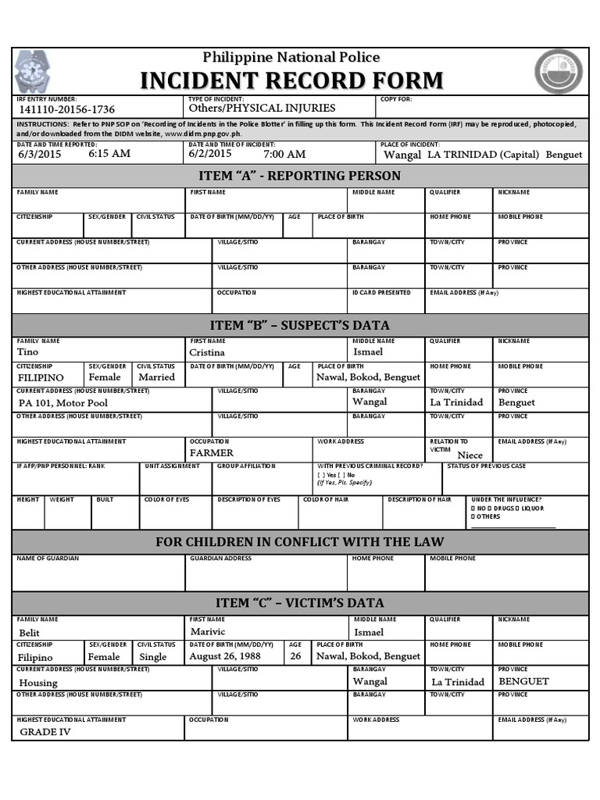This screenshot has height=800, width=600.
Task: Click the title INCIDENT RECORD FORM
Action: click(291, 80)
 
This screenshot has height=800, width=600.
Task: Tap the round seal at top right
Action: click(558, 72)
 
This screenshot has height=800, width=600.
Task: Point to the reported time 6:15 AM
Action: click(109, 154)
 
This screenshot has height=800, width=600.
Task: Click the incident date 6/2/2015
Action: click(211, 153)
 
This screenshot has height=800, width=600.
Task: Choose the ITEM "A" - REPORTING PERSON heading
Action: click(300, 176)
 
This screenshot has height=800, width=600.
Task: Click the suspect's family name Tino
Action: click(27, 352)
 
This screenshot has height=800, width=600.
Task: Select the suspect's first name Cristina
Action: click(207, 352)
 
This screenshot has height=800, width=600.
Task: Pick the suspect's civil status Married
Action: click(156, 377)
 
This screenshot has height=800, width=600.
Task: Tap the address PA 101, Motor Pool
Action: click(63, 402)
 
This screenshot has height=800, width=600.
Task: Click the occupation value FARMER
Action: click(212, 452)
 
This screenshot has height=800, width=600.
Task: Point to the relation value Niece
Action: click(470, 455)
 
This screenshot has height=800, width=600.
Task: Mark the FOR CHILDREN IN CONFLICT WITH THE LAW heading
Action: click(300, 542)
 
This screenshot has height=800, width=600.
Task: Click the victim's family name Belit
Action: click(29, 632)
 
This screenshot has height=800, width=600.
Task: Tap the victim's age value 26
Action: click(295, 656)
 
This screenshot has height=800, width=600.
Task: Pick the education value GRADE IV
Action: click(45, 732)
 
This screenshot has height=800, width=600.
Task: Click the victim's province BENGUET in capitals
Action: click(523, 681)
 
